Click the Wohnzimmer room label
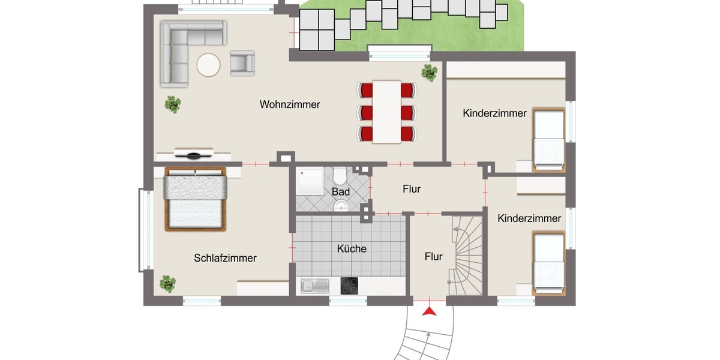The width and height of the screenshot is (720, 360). (x=290, y=104)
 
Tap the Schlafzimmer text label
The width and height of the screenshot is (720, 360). (x=225, y=258)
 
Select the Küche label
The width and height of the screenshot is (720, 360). (x=352, y=248)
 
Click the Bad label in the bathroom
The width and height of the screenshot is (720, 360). (x=341, y=192)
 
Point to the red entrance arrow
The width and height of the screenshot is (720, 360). (x=429, y=311)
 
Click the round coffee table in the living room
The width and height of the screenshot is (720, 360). (x=208, y=65)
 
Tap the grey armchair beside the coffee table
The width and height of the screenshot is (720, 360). (x=242, y=62)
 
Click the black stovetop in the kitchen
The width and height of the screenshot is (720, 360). (x=349, y=286)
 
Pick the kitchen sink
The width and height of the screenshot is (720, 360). (x=314, y=286)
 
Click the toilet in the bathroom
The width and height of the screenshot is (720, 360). (x=340, y=175)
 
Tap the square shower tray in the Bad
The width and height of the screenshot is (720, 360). (x=310, y=182)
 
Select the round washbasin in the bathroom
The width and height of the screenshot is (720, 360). (x=341, y=206)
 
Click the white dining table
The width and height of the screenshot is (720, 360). (x=387, y=112)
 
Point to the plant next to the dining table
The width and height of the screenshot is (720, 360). (x=429, y=73)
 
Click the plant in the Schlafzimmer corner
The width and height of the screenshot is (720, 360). (x=168, y=283)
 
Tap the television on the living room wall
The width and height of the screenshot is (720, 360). (x=193, y=155)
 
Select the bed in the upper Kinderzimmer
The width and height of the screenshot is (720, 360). (x=549, y=138)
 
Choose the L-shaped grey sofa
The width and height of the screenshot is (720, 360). (x=180, y=48)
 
